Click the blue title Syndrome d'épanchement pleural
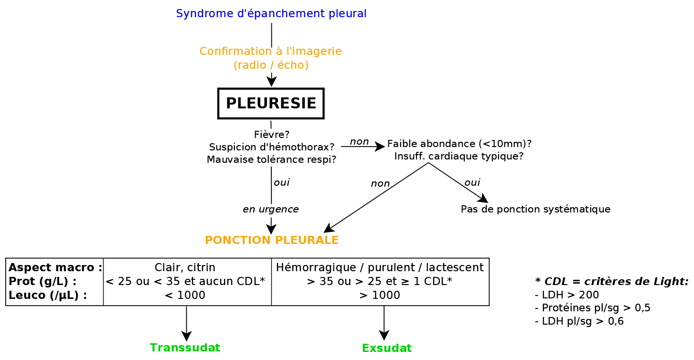tap(271, 14)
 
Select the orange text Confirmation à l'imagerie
tap(270, 51)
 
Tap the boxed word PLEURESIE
tap(271, 103)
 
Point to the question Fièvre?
tap(271, 135)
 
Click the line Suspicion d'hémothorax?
tap(271, 147)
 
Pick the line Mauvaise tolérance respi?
tap(271, 159)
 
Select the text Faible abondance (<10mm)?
tap(459, 144)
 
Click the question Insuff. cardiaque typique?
tap(459, 156)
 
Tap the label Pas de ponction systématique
tap(535, 209)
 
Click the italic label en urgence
tap(271, 209)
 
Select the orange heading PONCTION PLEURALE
tap(271, 240)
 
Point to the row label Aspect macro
tap(55, 267)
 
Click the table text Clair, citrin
tap(185, 267)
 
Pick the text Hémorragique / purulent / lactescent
tap(380, 267)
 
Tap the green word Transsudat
tap(185, 348)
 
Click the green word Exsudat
tap(387, 348)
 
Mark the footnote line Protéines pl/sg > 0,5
tap(592, 307)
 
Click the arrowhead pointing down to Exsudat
tap(384, 335)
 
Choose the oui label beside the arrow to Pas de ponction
tap(472, 182)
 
